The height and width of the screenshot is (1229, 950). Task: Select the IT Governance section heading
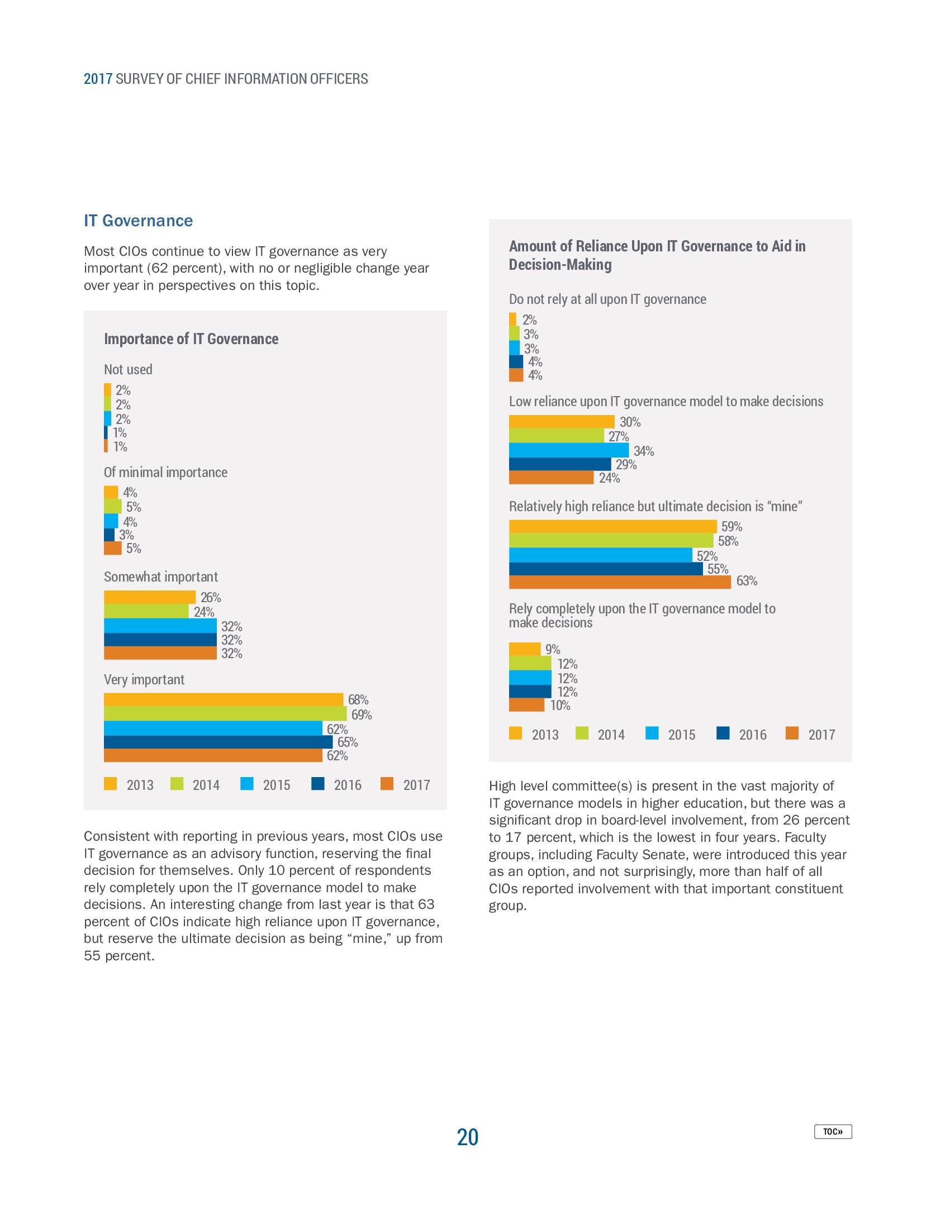coord(138,221)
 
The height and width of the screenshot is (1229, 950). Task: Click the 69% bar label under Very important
coord(362,714)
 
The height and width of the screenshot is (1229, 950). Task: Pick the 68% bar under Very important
coord(224,699)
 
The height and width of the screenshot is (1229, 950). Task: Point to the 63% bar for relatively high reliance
coord(620,582)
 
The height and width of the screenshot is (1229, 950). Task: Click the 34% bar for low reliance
coord(568,450)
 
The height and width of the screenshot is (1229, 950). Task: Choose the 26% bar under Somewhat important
coord(150,597)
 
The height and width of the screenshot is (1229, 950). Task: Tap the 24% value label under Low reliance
coord(609,478)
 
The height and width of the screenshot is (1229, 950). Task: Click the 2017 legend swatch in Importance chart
coord(387,783)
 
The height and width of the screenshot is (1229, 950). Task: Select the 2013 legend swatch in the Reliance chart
coord(515,733)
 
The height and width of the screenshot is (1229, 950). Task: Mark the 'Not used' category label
coord(128,370)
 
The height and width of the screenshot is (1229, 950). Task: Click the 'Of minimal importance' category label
coord(165,472)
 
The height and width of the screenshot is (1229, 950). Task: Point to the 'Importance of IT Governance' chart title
coord(191,339)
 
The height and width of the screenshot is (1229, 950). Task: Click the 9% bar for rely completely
coord(525,649)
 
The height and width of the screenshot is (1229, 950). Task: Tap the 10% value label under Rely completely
coord(560,705)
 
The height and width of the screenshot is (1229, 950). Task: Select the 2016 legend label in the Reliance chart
coord(753,735)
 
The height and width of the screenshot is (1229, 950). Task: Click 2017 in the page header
coord(98,79)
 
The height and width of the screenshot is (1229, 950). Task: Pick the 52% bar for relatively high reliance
coord(601,555)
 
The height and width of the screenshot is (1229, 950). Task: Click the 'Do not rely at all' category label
coord(607,299)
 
